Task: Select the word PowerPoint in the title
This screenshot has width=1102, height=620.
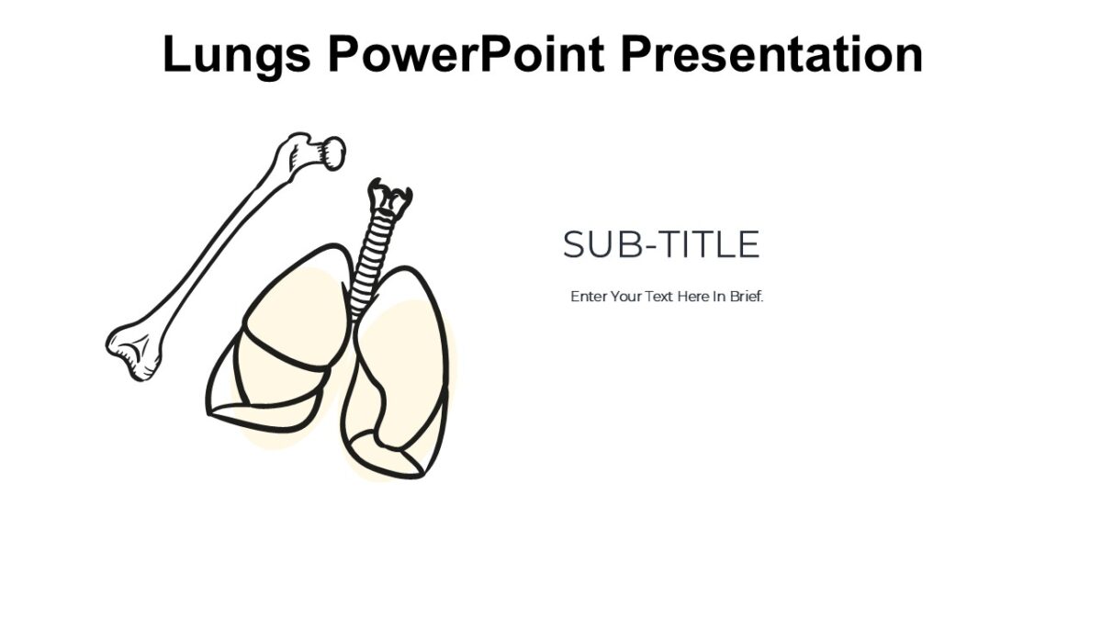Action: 466,54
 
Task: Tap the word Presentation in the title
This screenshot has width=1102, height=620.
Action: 771,54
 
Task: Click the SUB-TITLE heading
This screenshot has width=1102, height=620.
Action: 661,245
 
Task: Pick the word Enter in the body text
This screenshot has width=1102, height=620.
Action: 589,298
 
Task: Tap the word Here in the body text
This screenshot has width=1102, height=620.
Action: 693,298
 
